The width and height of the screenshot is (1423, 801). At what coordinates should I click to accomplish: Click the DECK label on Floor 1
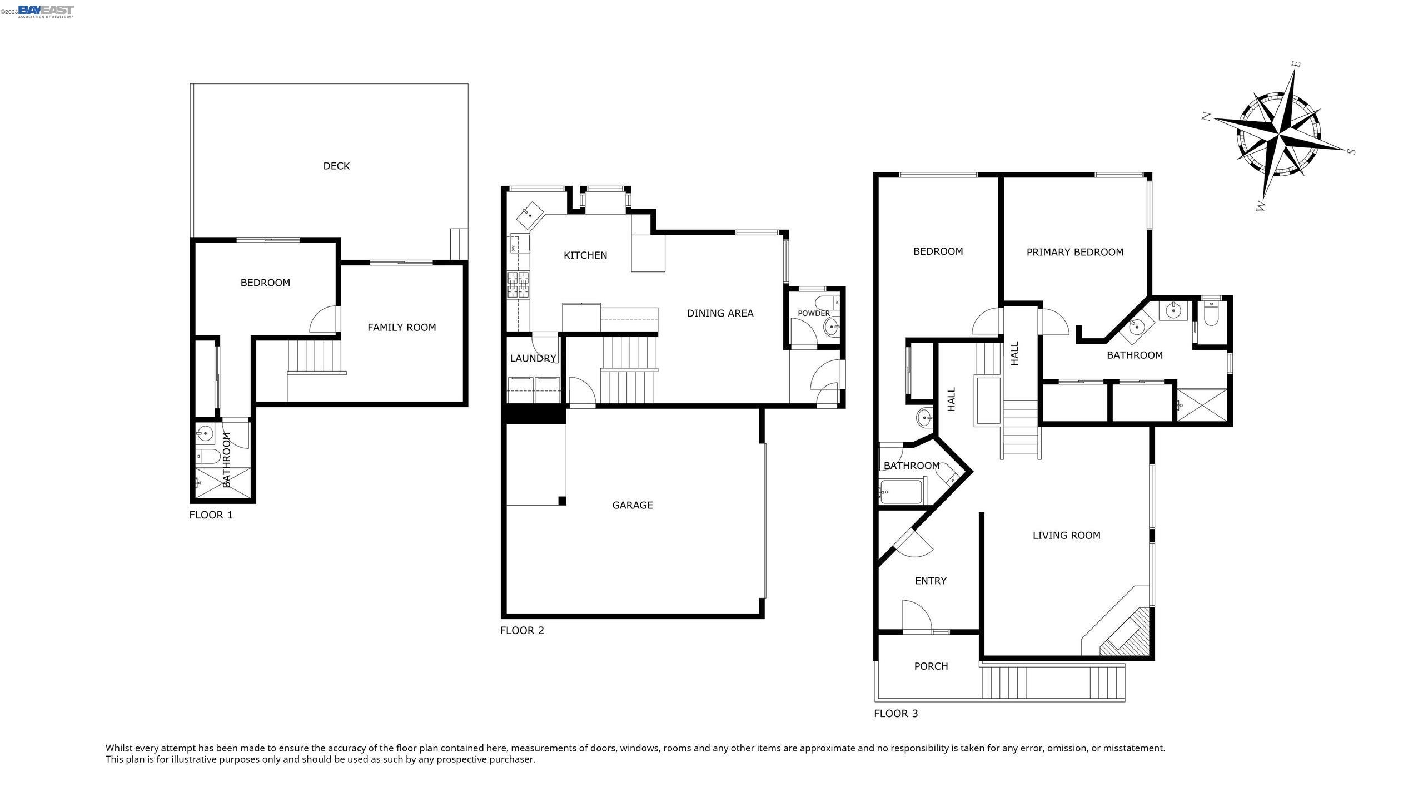(336, 166)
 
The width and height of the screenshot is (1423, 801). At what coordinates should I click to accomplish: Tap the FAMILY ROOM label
(401, 327)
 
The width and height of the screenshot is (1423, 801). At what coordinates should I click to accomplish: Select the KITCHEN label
(585, 255)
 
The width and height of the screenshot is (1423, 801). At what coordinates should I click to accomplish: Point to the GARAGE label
(632, 505)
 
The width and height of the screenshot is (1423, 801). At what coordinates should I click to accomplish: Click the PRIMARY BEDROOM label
(1074, 252)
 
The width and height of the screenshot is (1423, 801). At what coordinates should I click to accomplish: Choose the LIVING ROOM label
(1066, 535)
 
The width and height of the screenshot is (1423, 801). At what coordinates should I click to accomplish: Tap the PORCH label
(931, 666)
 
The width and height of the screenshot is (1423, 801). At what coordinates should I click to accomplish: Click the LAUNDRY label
(533, 358)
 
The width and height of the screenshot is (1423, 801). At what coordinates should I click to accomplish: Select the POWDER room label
(813, 313)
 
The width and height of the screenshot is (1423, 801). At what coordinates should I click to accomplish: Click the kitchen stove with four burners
(519, 284)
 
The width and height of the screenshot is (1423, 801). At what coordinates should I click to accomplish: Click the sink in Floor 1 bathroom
(206, 432)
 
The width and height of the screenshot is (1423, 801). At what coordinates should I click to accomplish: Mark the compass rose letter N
(1206, 116)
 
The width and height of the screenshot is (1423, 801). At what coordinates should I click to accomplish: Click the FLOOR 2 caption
(521, 630)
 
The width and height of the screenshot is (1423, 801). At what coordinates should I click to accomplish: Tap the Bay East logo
(46, 11)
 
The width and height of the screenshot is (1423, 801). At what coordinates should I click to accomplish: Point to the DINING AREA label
(720, 313)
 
